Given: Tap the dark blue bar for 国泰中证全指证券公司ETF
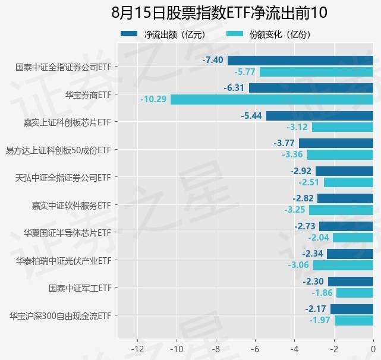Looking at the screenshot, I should [x=300, y=60].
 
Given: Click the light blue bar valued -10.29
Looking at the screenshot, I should [x=272, y=99].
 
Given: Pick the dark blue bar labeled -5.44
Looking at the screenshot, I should [x=320, y=115].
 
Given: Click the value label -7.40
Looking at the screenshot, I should [x=213, y=60].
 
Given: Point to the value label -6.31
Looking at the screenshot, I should [x=234, y=88].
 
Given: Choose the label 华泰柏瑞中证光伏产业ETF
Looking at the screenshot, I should [x=64, y=260].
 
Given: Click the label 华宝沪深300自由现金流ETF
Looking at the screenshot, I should [x=61, y=315].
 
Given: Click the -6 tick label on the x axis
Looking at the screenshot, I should [x=256, y=348].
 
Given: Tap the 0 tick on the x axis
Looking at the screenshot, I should [x=373, y=348].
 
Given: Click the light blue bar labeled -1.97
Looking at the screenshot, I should [x=354, y=321].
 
